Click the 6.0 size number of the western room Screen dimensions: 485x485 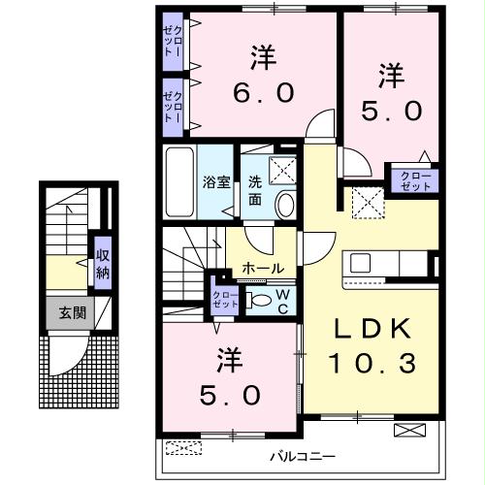coord(262,94)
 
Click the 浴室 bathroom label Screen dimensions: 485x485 coord(213,181)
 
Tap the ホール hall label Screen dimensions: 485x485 coord(263,268)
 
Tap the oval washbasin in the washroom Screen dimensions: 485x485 coord(285,204)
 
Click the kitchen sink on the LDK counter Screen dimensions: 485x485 coord(361,262)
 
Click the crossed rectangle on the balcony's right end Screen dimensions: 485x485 coord(408,431)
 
